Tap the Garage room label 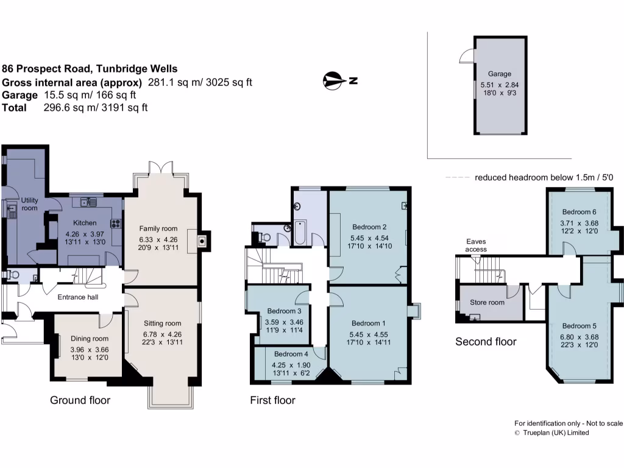coord(500,74)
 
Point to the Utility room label coord(29,204)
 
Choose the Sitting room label coord(162,324)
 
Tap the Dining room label coord(89,339)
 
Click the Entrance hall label coord(78,297)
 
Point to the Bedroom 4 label coord(291,354)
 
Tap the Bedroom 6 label coord(579,212)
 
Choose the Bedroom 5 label coord(580,326)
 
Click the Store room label coord(487,302)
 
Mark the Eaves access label coord(476,245)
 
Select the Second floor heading coord(486,342)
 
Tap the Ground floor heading coord(80,400)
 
